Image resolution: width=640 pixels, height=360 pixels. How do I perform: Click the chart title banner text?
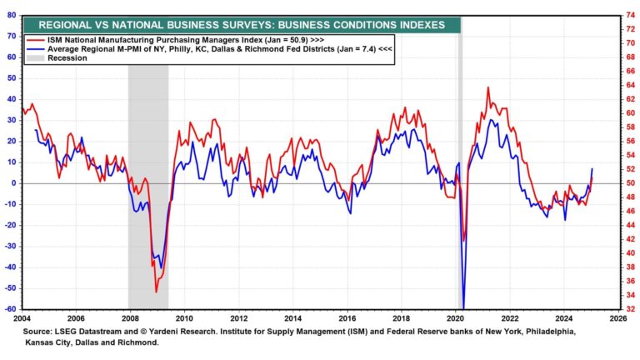241,25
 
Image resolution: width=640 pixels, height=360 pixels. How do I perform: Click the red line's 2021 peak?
488,87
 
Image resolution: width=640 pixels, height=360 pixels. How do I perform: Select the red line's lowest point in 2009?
156,292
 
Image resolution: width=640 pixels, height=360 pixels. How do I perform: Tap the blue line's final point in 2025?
592,169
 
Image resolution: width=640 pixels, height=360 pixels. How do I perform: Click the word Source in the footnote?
38,331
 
